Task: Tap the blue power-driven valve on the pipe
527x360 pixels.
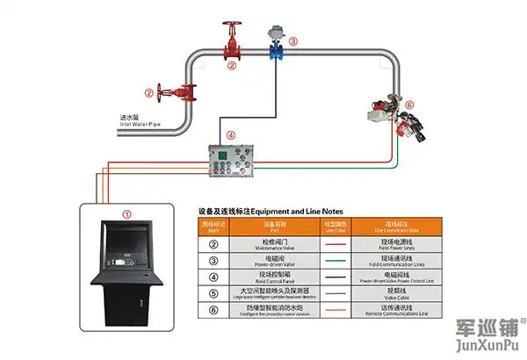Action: pos(272,46)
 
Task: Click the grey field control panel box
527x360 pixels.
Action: pos(234,163)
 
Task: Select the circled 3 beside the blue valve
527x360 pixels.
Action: pos(293,40)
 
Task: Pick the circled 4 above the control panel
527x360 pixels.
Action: pos(231,135)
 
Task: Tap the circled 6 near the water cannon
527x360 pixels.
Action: pos(408,103)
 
